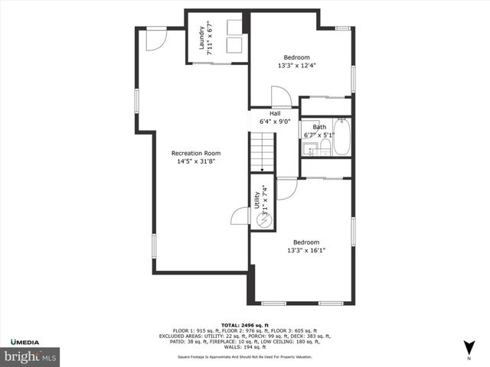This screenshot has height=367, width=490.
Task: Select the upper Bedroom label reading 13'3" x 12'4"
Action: click(297, 57)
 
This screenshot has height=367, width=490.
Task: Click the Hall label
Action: click(275, 113)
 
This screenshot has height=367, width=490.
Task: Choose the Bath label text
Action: click(319, 127)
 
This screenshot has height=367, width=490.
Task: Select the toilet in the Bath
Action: click(324, 147)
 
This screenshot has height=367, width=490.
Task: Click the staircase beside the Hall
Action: click(262, 151)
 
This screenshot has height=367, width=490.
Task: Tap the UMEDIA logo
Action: click(27, 341)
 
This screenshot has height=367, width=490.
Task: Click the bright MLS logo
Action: click(31, 356)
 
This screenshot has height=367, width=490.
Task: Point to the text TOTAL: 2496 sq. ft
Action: click(246, 325)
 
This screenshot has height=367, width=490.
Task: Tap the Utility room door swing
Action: click(240, 216)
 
